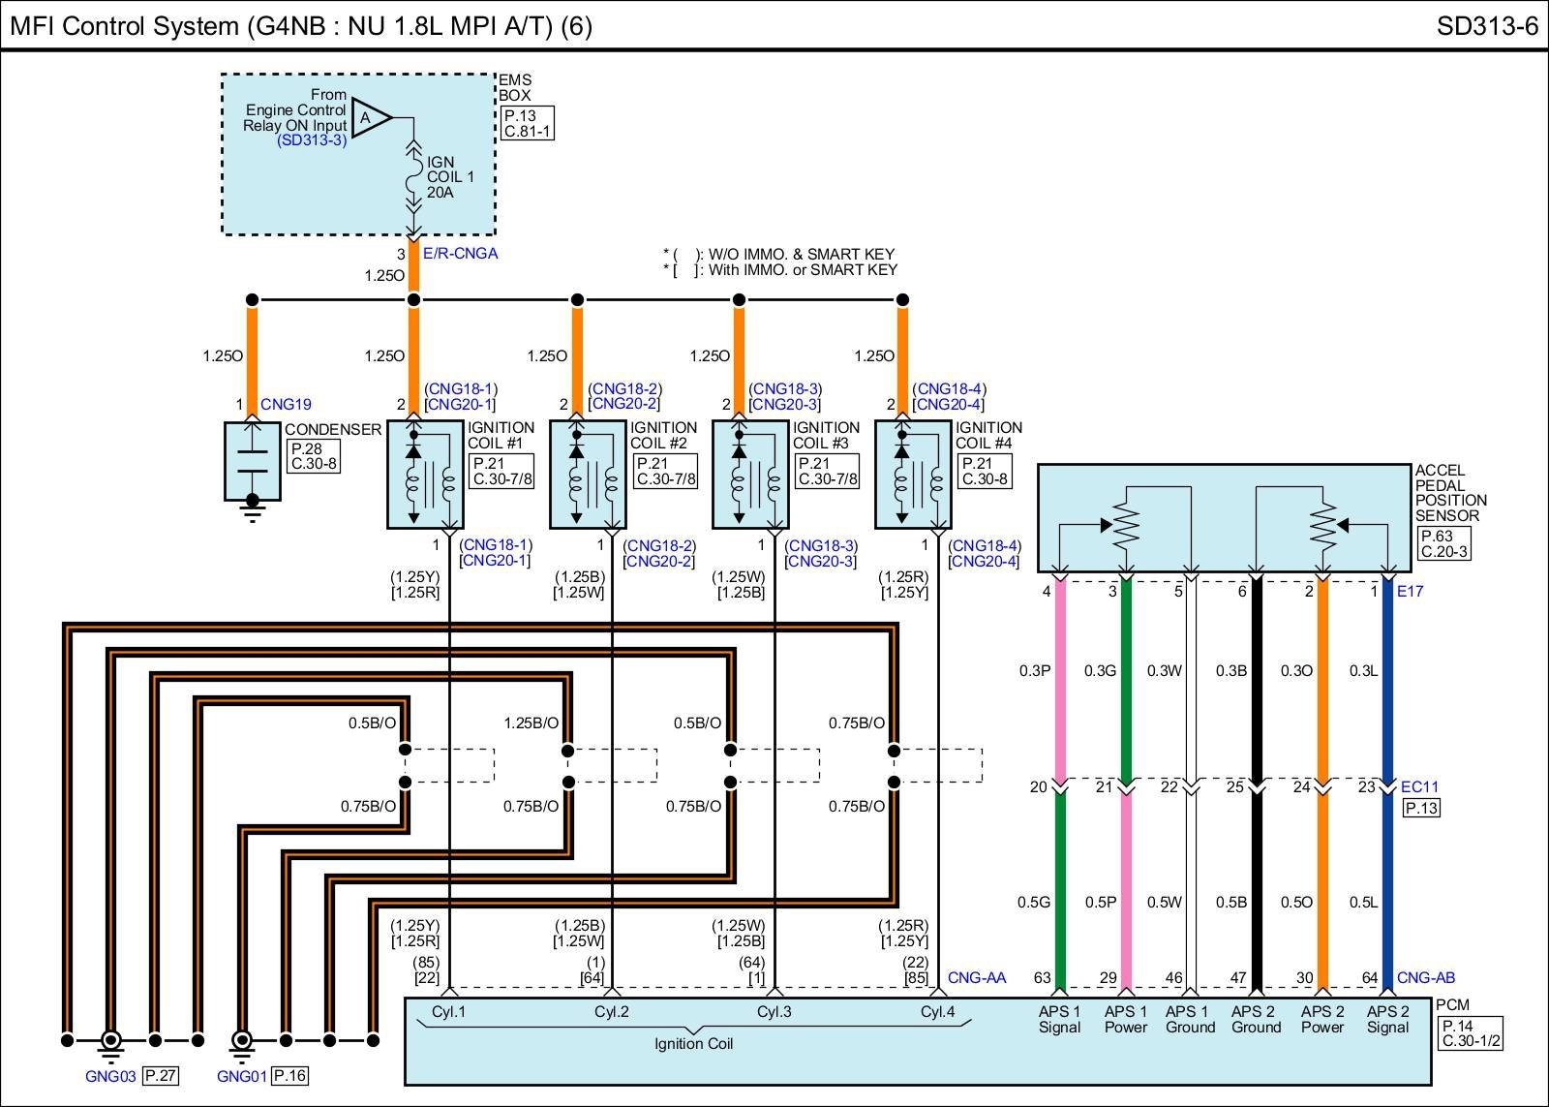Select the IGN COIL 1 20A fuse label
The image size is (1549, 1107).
pyautogui.click(x=450, y=177)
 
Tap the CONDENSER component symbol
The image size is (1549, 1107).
pyautogui.click(x=253, y=461)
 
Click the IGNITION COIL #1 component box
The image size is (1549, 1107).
pyautogui.click(x=425, y=475)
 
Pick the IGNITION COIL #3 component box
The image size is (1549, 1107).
pyautogui.click(x=750, y=475)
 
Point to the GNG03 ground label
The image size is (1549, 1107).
pyautogui.click(x=110, y=1075)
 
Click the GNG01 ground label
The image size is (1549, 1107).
pyautogui.click(x=242, y=1075)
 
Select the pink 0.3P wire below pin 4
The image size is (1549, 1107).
pyautogui.click(x=1060, y=678)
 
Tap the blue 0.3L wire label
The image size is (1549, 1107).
pyautogui.click(x=1363, y=670)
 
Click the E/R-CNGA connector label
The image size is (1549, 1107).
pyautogui.click(x=460, y=254)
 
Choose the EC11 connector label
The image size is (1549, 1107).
pyautogui.click(x=1419, y=786)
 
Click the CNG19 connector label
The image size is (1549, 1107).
pyautogui.click(x=286, y=405)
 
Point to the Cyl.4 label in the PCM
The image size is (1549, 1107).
pyautogui.click(x=937, y=1012)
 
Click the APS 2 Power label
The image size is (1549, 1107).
pyautogui.click(x=1322, y=1019)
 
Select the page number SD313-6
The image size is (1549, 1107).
pyautogui.click(x=1486, y=26)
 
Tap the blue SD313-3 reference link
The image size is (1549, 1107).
pyautogui.click(x=312, y=140)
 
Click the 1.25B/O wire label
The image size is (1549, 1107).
pyautogui.click(x=531, y=723)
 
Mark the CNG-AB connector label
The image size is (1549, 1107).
pyautogui.click(x=1425, y=978)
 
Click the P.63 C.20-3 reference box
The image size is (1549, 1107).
pyautogui.click(x=1443, y=543)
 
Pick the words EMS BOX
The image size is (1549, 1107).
pyautogui.click(x=515, y=88)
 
